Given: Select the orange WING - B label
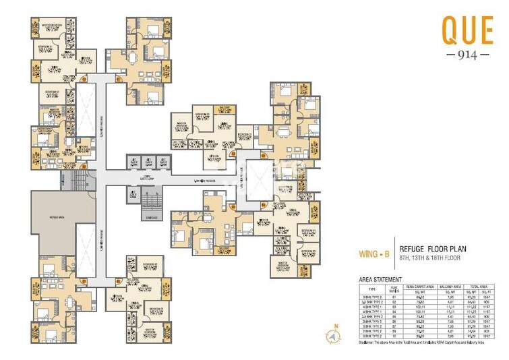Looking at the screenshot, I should [375, 255].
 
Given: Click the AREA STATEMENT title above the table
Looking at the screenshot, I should [380, 279].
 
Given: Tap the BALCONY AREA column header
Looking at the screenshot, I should [448, 285].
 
